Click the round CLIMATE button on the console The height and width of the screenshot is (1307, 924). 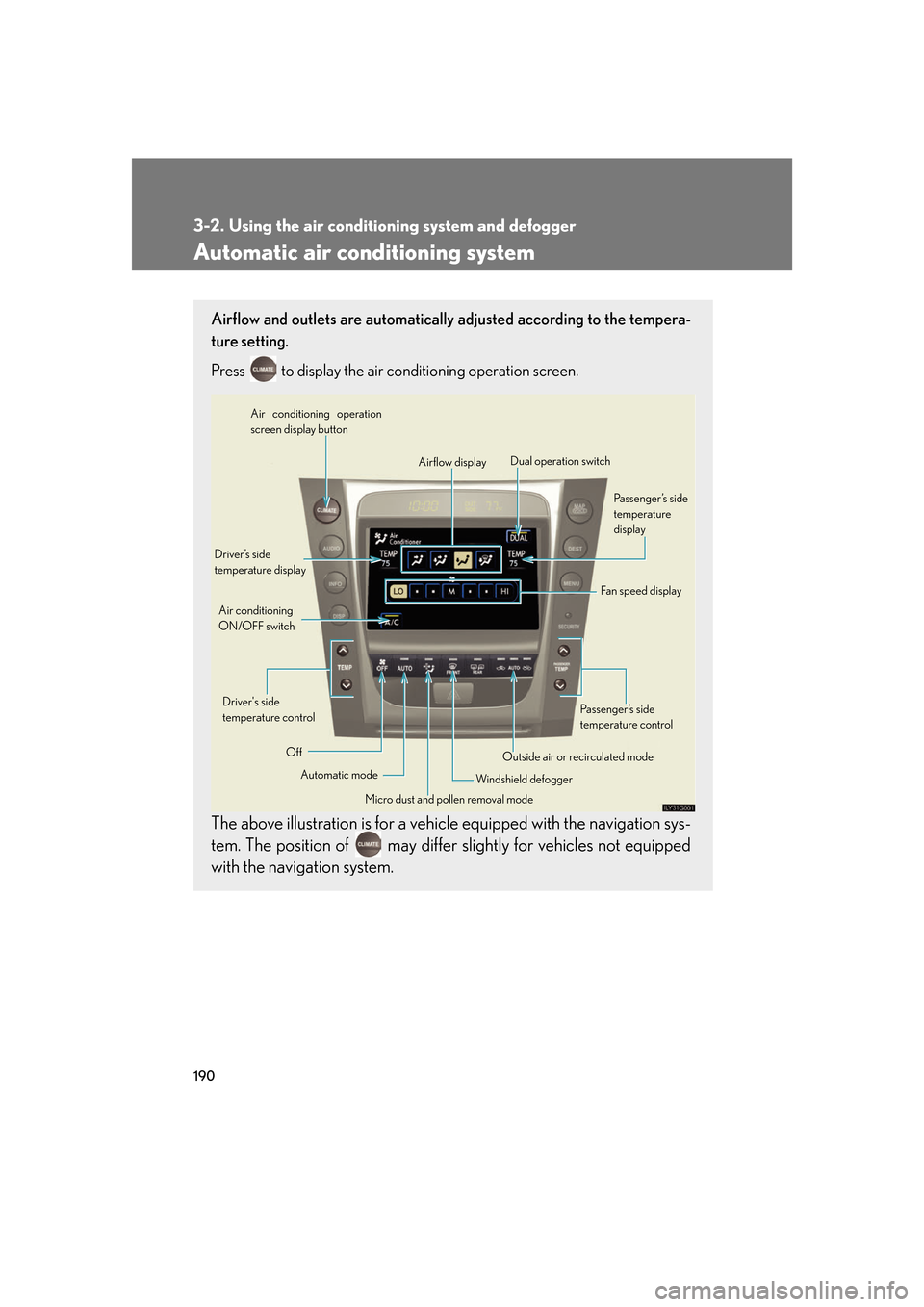326,509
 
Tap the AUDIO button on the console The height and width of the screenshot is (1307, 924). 331,547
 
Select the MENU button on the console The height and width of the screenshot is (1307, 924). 571,582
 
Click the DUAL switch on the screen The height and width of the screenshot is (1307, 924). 519,537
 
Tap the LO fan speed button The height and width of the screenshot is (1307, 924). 398,591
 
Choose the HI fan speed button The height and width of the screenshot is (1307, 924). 504,591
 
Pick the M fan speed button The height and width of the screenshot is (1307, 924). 451,591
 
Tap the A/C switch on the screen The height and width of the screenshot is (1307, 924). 392,621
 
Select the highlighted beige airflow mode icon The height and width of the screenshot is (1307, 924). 463,559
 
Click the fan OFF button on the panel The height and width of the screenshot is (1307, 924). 382,666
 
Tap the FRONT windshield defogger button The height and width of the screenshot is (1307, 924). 452,667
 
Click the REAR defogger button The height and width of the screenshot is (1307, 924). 477,667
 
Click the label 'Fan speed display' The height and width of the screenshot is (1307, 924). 640,591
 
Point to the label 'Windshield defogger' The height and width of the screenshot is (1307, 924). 524,780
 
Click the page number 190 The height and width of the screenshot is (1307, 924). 204,1075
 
